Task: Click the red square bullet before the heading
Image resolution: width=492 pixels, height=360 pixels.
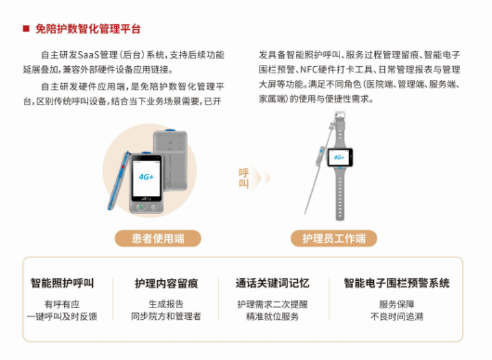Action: coord(26,29)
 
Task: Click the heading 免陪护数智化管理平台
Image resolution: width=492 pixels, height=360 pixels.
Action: coord(88,29)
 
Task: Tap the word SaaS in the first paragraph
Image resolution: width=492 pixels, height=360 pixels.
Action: coord(88,55)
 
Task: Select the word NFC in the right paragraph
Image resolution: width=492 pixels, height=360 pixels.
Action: coord(309,69)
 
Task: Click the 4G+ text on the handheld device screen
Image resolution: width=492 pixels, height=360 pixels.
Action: coord(146,177)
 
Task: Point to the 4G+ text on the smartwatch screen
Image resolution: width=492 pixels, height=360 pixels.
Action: coord(339,157)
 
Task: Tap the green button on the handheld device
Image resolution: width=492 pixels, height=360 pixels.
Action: coord(140,207)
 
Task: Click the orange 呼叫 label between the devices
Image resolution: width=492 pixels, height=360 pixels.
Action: coord(244,178)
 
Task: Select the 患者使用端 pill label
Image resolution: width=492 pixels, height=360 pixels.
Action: coord(158,238)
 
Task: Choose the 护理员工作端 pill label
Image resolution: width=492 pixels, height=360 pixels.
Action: coord(334,238)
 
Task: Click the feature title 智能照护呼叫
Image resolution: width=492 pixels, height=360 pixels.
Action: coord(62,283)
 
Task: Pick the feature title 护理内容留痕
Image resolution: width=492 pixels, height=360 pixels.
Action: coord(166,283)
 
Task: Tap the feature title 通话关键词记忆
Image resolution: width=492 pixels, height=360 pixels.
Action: coord(273,283)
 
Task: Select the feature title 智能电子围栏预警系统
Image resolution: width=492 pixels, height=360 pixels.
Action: coord(397,283)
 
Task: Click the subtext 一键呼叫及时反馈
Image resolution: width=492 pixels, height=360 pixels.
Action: coord(62,316)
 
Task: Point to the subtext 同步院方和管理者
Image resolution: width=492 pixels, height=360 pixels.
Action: coord(166,316)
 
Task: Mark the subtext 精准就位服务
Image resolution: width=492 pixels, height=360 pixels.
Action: coord(273,316)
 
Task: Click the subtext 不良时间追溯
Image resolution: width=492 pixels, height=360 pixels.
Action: coord(397,316)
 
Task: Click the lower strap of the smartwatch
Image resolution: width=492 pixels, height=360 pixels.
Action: coord(340,194)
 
